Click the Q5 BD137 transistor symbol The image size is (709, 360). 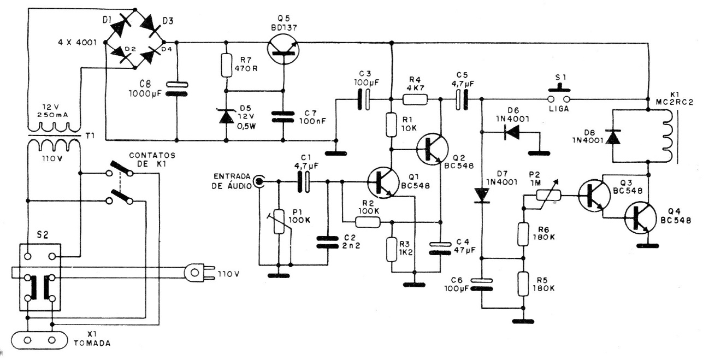click(x=283, y=49)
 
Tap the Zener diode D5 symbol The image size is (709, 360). click(x=226, y=116)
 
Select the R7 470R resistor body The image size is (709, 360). click(x=226, y=65)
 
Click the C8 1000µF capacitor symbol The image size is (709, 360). click(x=176, y=89)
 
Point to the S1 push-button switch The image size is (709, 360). click(x=559, y=94)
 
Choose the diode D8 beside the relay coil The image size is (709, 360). click(x=613, y=137)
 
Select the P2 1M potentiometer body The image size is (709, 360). click(x=548, y=196)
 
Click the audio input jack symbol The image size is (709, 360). click(x=259, y=182)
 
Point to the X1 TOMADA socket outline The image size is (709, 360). click(x=39, y=340)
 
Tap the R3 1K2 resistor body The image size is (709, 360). click(x=392, y=250)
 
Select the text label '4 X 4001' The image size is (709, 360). click(x=78, y=43)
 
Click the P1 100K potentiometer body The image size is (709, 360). click(x=279, y=221)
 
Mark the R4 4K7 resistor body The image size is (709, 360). click(x=415, y=99)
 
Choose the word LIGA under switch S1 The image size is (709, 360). click(x=559, y=109)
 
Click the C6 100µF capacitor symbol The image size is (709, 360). click(x=481, y=284)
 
